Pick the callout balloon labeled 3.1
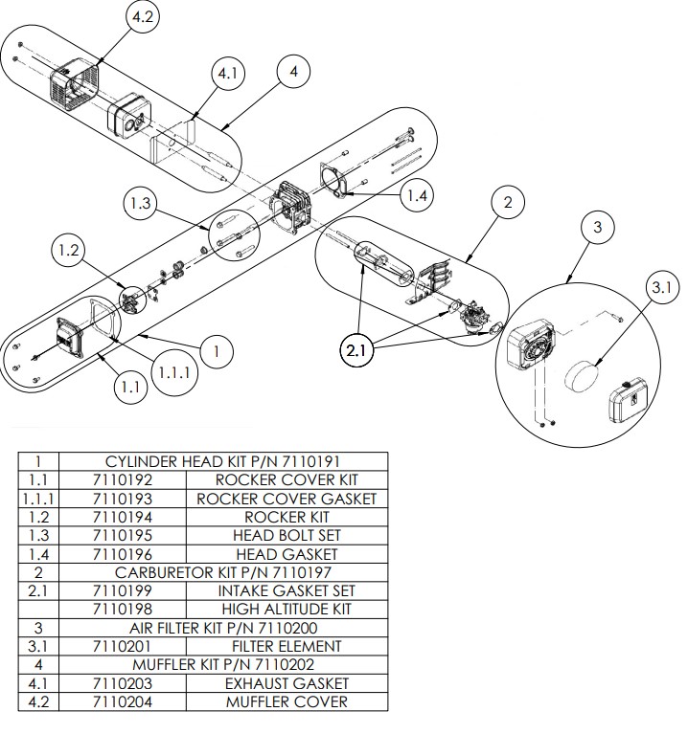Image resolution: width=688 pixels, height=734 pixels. click(x=661, y=286)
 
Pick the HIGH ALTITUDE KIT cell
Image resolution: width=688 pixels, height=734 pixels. click(x=286, y=609)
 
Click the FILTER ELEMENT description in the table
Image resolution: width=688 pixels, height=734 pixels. click(x=287, y=646)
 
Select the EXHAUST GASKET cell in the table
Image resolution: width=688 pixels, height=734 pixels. click(x=287, y=683)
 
